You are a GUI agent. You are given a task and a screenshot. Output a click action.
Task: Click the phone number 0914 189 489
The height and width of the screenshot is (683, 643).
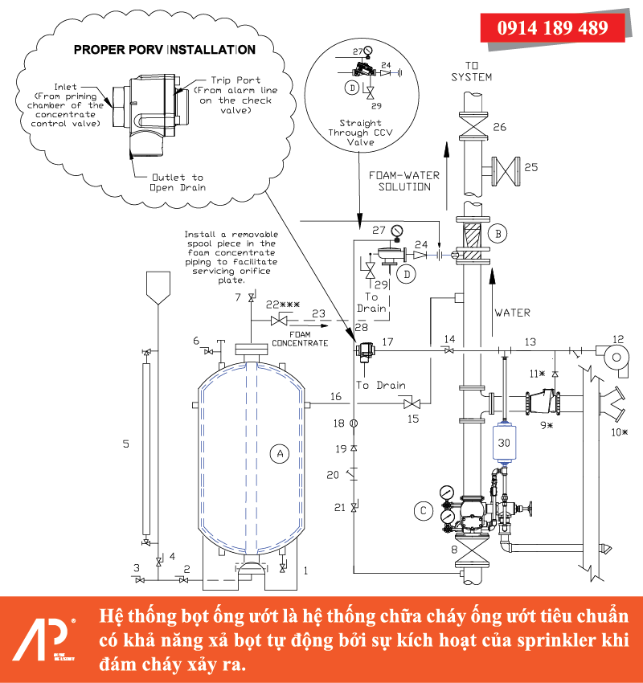(553, 27)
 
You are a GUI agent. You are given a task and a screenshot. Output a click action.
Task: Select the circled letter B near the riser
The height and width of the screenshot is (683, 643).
(498, 234)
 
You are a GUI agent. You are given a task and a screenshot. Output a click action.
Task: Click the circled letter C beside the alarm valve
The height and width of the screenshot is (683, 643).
(422, 509)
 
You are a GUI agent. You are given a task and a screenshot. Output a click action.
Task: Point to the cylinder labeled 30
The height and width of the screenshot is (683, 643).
(504, 442)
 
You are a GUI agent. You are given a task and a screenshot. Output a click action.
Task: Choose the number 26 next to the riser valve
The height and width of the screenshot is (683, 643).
(499, 127)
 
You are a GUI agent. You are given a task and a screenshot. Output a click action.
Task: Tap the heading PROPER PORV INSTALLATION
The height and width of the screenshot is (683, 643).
(165, 50)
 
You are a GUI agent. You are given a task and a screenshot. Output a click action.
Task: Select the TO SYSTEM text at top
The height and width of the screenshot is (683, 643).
(471, 72)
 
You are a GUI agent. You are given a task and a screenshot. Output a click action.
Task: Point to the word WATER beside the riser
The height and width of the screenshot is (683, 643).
(512, 312)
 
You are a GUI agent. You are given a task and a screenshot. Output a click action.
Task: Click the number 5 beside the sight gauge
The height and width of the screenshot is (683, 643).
(125, 443)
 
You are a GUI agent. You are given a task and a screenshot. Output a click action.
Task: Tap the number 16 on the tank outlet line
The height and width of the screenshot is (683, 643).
(335, 396)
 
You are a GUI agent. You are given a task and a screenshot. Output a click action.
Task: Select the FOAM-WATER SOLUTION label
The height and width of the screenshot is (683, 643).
(399, 180)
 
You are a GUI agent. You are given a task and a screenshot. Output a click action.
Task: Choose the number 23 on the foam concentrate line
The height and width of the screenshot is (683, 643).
(318, 313)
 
